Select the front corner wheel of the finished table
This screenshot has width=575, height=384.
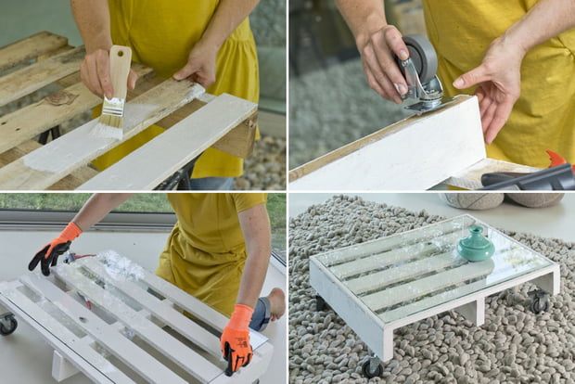pyautogui.click(x=373, y=367)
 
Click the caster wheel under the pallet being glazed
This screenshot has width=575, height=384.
pyautogui.click(x=7, y=324)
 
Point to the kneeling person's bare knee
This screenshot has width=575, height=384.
pyautogui.click(x=275, y=302)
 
